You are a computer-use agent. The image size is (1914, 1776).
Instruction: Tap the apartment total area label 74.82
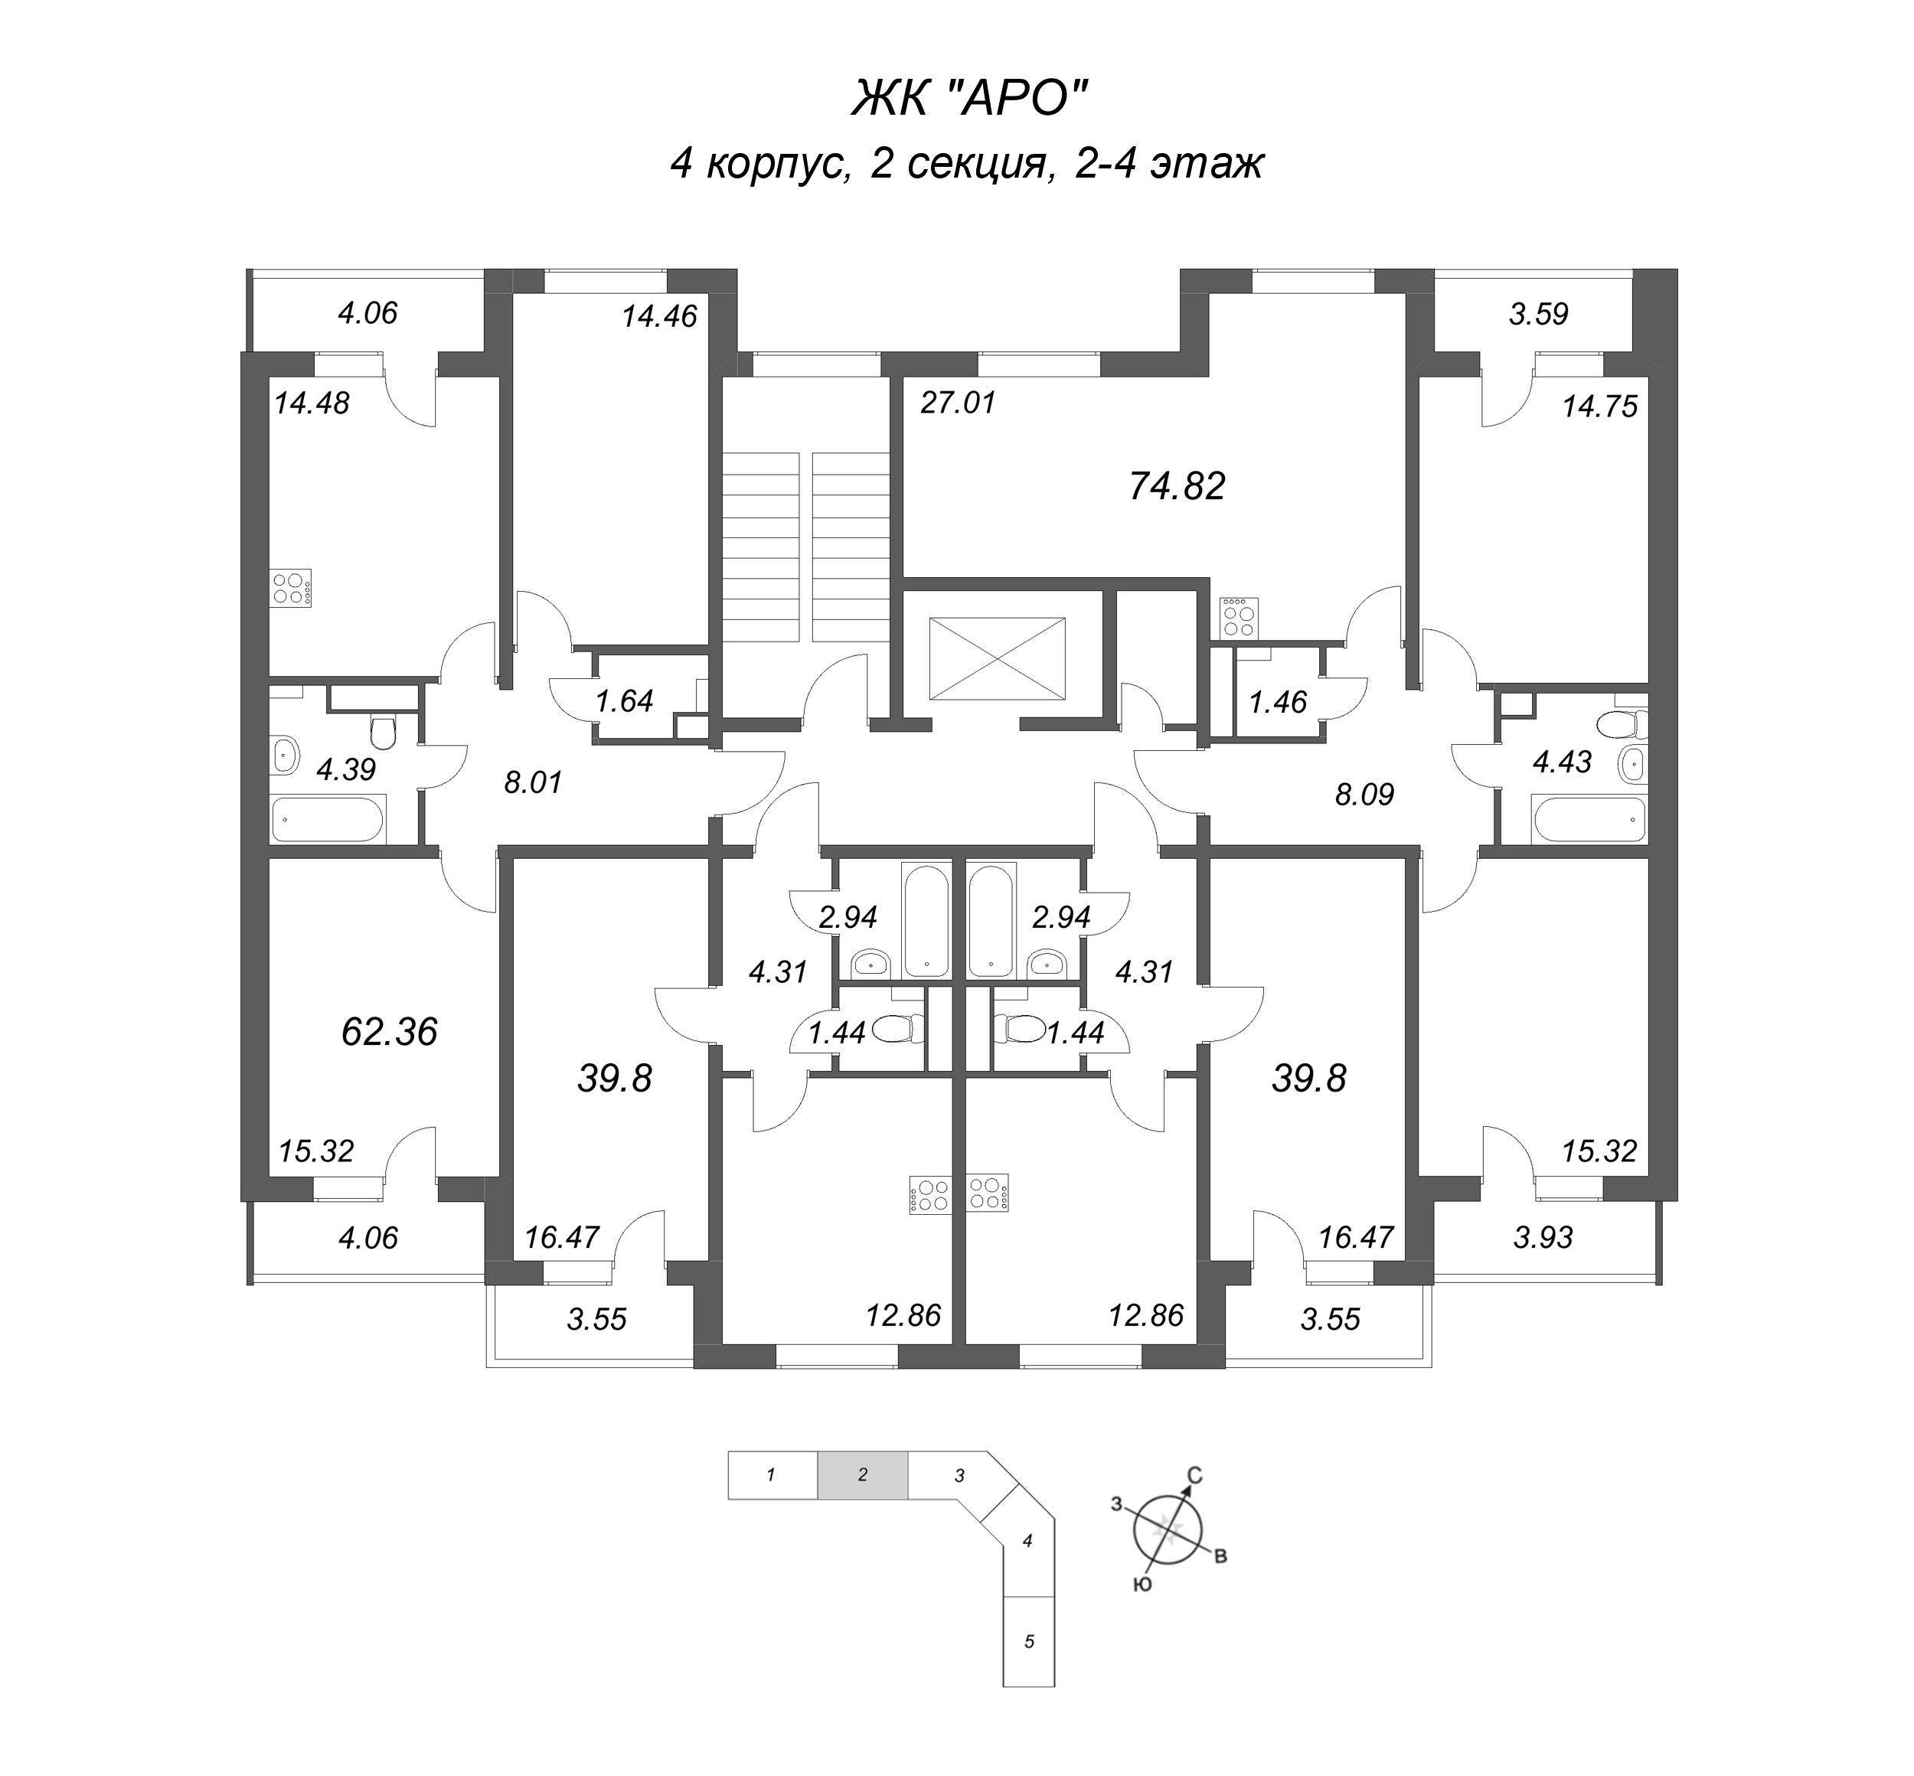point(1176,486)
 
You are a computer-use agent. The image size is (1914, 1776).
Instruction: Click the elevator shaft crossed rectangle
point(996,660)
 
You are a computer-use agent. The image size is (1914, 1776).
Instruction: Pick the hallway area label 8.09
point(1364,794)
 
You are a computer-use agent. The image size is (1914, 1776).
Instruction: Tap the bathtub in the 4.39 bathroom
point(326,820)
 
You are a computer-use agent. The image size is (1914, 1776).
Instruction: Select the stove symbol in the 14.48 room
point(291,587)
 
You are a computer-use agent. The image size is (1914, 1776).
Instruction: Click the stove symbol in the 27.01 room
point(1237,618)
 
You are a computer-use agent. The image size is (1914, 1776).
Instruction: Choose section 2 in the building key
point(861,1475)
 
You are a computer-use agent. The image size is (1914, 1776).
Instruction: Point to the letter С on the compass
point(1195,1475)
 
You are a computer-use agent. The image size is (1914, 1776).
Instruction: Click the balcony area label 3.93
point(1542,1237)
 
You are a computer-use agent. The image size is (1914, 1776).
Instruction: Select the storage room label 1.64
point(624,700)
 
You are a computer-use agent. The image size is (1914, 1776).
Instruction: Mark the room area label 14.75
point(1599,406)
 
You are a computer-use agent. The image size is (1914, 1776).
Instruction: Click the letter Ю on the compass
point(1142,1585)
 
